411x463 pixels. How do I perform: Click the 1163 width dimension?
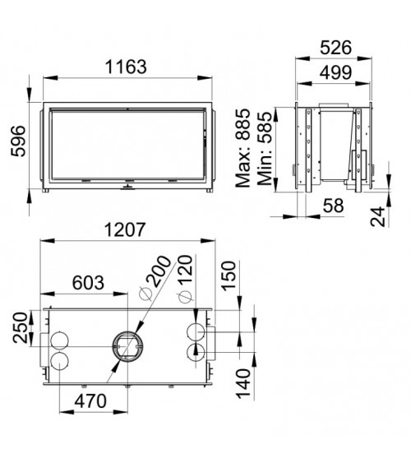[x=126, y=67]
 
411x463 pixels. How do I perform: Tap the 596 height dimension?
[x=18, y=141]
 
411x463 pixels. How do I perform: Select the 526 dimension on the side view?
[x=335, y=48]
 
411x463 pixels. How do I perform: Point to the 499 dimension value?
[x=335, y=72]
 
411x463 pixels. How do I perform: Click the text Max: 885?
[x=242, y=148]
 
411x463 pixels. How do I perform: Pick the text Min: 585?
[x=265, y=148]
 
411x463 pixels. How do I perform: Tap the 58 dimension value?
[x=334, y=206]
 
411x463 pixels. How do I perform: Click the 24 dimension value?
[x=378, y=216]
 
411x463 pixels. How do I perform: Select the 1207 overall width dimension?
[x=125, y=229]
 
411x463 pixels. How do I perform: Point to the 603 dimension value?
[x=88, y=283]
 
